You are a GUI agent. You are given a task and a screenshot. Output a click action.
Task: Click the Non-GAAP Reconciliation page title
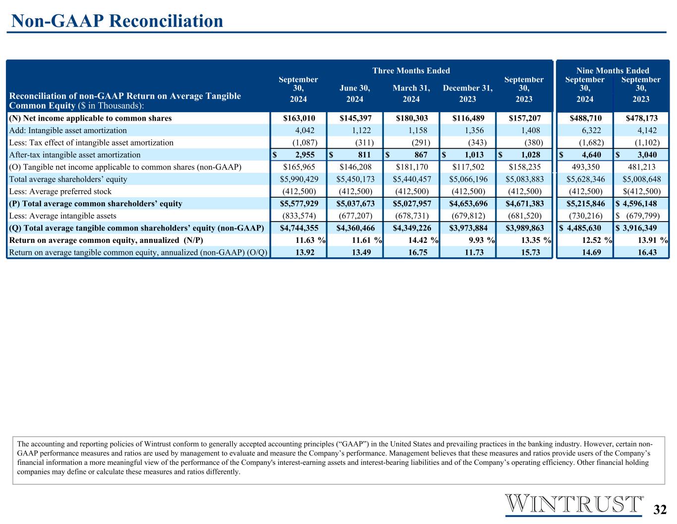coord(117,21)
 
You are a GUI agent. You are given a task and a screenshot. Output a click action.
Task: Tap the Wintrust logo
coord(574,505)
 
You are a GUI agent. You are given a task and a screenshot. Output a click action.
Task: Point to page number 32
coord(660,510)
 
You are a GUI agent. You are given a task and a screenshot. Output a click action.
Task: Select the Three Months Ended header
coord(411,71)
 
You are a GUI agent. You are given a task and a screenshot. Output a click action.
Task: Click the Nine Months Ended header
coord(613,71)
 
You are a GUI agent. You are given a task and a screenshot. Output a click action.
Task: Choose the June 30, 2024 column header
coord(355,93)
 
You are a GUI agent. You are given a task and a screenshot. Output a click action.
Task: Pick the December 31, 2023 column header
coord(468,93)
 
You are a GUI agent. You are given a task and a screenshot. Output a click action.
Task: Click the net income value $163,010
coord(299,118)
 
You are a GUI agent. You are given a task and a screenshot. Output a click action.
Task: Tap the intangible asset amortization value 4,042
coord(305,130)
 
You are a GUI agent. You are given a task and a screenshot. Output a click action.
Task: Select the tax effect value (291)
coord(421,143)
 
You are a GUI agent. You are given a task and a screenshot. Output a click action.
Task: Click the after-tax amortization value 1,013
coord(474,154)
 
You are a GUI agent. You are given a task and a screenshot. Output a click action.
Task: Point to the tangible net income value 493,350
coord(585,167)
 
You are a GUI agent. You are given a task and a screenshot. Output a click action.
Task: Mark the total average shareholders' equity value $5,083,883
coord(525,179)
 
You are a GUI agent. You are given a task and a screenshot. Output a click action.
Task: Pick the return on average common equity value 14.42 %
coord(423,240)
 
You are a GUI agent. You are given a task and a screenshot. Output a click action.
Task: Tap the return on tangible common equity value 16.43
coord(647,252)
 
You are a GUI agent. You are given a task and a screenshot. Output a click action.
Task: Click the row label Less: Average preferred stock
coord(60,191)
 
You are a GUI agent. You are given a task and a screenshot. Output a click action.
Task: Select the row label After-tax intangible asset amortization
coord(75,154)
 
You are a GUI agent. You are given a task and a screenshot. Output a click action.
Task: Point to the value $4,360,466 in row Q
coord(356,228)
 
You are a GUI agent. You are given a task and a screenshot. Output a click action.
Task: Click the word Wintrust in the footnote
coord(158,444)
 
